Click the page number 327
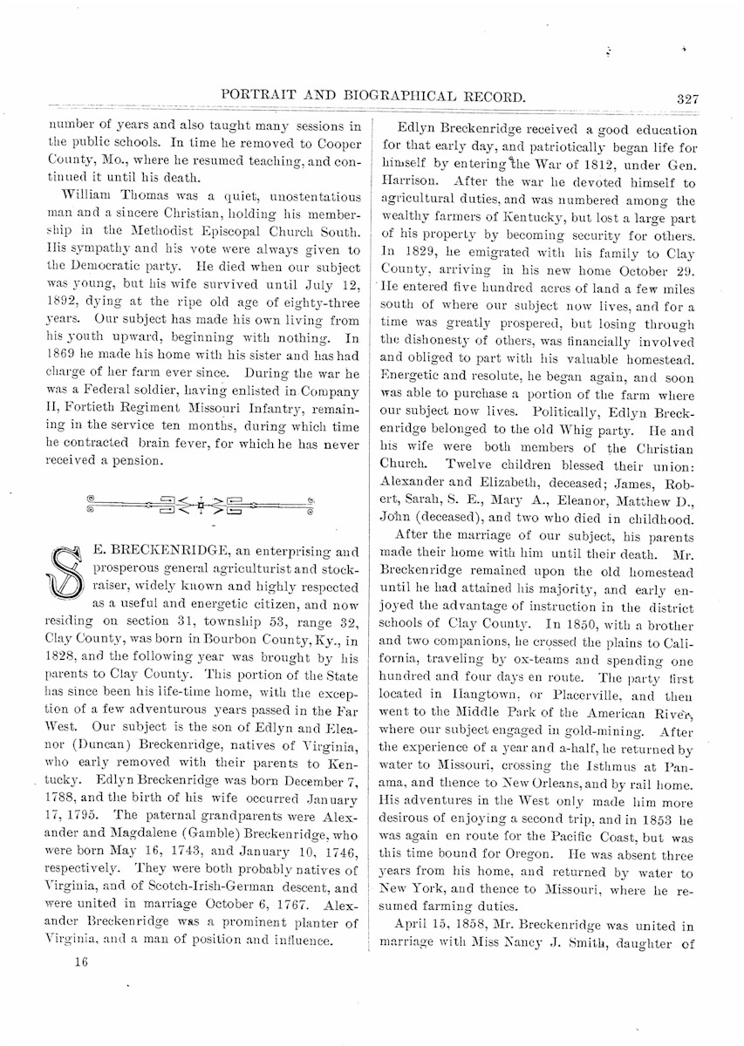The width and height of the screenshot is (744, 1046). point(687,98)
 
